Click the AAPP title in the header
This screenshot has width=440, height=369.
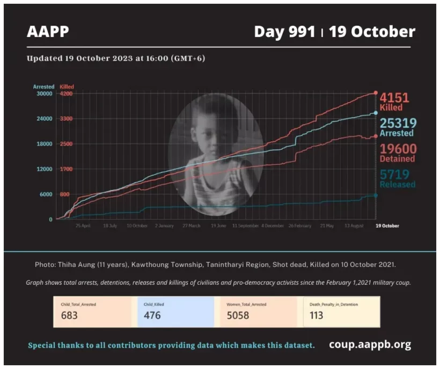pyautogui.click(x=48, y=32)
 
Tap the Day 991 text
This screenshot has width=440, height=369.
pyautogui.click(x=284, y=32)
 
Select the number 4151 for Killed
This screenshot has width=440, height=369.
pyautogui.click(x=394, y=98)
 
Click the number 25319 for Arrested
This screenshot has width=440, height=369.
pyautogui.click(x=398, y=124)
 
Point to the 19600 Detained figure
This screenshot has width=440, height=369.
pyautogui.click(x=398, y=149)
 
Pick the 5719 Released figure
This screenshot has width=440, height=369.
pyautogui.click(x=394, y=175)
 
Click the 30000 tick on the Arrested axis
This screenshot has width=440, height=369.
pyautogui.click(x=43, y=93)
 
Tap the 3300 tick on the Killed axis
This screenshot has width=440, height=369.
pyautogui.click(x=66, y=119)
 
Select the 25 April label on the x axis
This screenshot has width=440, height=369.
pyautogui.click(x=83, y=226)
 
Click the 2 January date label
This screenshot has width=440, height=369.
pyautogui.click(x=164, y=226)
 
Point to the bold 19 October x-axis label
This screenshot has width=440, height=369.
pyautogui.click(x=387, y=226)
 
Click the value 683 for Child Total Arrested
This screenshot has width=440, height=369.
pyautogui.click(x=69, y=315)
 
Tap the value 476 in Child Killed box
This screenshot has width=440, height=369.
pyautogui.click(x=152, y=315)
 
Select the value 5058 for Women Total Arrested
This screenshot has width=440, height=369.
pyautogui.click(x=238, y=315)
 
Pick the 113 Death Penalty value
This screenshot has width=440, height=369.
pyautogui.click(x=317, y=315)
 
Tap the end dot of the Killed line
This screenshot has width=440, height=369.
pyautogui.click(x=376, y=93)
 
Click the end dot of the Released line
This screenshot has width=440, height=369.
pyautogui.click(x=376, y=195)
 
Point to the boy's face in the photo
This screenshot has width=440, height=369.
pyautogui.click(x=207, y=132)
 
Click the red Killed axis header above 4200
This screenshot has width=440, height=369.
pyautogui.click(x=67, y=86)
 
